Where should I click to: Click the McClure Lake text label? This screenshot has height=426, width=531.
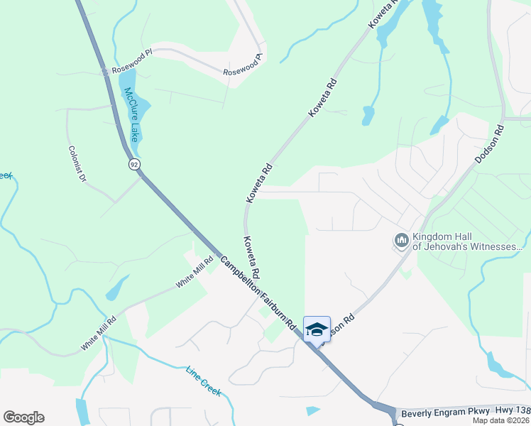coord(133,113)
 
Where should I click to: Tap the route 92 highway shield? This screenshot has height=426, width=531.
coord(133,165)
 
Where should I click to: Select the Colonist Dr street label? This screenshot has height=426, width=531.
coord(77,165)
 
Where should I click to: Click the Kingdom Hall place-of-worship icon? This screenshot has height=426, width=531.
coord(402,241)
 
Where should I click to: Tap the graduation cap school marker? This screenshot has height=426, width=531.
coord(317,329)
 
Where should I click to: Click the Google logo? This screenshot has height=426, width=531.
coord(23,417)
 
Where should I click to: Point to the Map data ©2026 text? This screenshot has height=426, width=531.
coord(501,420)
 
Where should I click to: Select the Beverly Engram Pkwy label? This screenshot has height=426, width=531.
coord(434,413)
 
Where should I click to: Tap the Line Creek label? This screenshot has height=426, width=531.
coord(204,381)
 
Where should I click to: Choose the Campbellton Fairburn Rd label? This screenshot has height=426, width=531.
coord(257,293)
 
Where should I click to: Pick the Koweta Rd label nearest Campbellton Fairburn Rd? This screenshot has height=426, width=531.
coord(251,258)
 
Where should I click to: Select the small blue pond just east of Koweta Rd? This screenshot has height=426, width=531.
coord(368,115)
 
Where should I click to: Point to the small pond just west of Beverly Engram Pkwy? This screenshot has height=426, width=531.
coord(313,410)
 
